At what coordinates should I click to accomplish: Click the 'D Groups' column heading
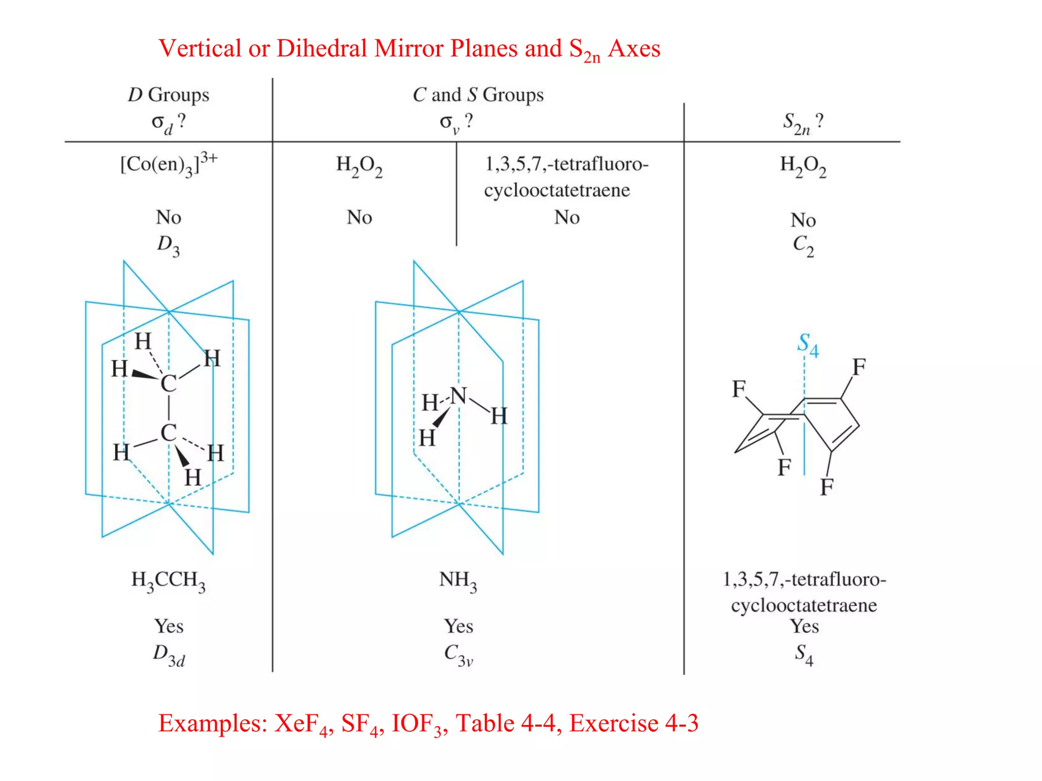(168, 95)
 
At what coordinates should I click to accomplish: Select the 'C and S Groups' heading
(478, 95)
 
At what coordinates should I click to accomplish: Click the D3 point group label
(168, 246)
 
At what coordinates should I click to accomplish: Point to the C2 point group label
(803, 246)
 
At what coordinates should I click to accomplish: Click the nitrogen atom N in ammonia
(458, 395)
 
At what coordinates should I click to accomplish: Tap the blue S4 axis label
(807, 345)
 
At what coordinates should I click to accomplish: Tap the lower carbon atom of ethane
(168, 433)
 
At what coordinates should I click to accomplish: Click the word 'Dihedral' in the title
(322, 49)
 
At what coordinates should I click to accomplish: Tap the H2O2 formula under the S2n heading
(803, 166)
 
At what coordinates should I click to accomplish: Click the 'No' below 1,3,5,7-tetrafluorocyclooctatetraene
(567, 218)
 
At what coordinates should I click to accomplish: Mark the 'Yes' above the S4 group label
(804, 626)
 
